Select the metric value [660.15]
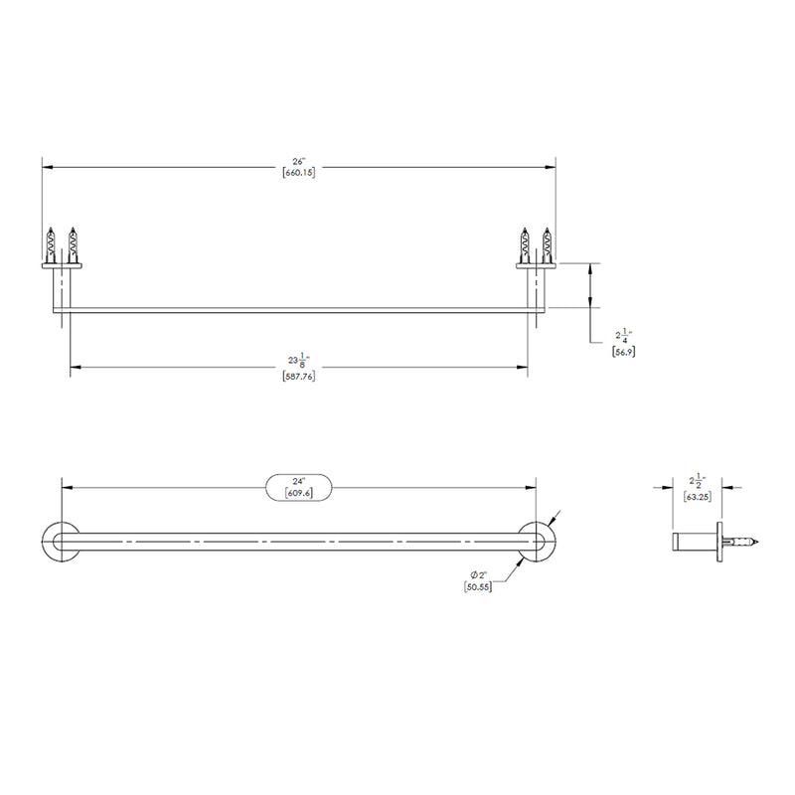pyautogui.click(x=298, y=174)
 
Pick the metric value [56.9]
pyautogui.click(x=623, y=352)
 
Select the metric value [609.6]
pyautogui.click(x=299, y=494)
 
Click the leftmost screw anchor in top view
pyautogui.click(x=50, y=244)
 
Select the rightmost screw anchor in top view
pyautogui.click(x=546, y=244)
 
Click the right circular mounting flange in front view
pyautogui.click(x=538, y=542)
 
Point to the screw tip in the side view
pyautogui.click(x=756, y=542)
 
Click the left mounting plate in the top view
pyautogui.click(x=61, y=264)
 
